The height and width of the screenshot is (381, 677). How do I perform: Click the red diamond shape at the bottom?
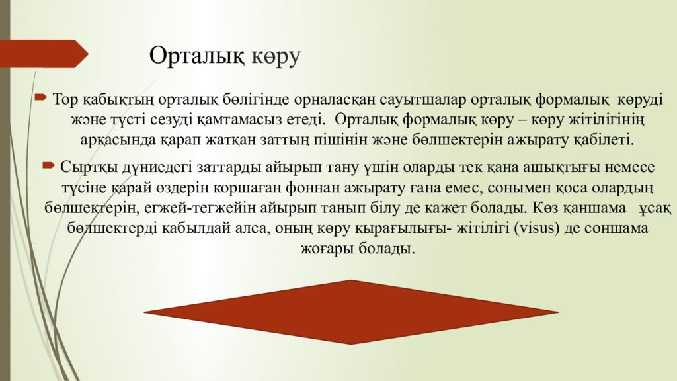pyautogui.click(x=350, y=311)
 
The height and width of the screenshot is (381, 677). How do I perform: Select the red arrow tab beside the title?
pyautogui.click(x=44, y=53)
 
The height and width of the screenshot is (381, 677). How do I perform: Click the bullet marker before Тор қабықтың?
pyautogui.click(x=40, y=98)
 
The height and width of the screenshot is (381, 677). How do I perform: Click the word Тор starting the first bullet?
pyautogui.click(x=65, y=99)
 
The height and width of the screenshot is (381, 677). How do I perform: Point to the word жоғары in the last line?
pyautogui.click(x=322, y=250)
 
